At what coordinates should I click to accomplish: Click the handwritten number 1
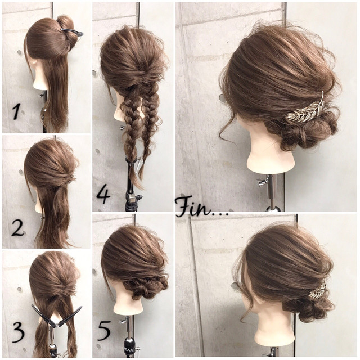tap(17, 111)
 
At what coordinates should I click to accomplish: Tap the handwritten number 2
tap(17, 228)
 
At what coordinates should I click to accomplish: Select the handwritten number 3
tap(18, 332)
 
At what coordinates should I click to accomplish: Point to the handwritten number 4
tap(103, 194)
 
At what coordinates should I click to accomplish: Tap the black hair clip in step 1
tap(72, 31)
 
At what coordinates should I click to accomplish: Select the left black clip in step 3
tap(44, 316)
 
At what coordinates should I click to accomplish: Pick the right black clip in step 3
tap(70, 316)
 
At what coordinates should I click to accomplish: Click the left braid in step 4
tap(130, 129)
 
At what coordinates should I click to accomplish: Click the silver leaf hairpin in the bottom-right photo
tap(318, 289)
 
